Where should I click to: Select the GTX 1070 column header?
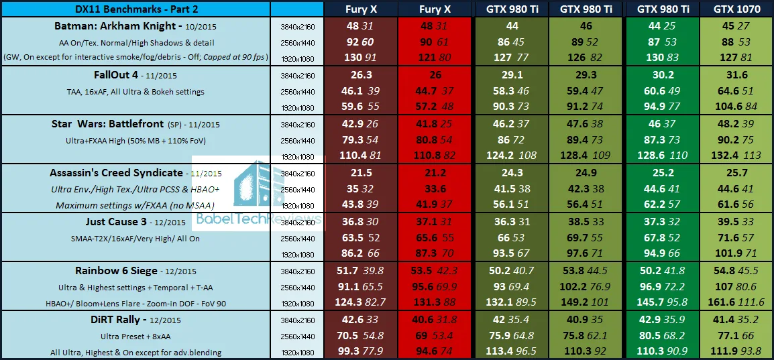click(736, 9)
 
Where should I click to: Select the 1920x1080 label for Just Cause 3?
click(296, 255)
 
